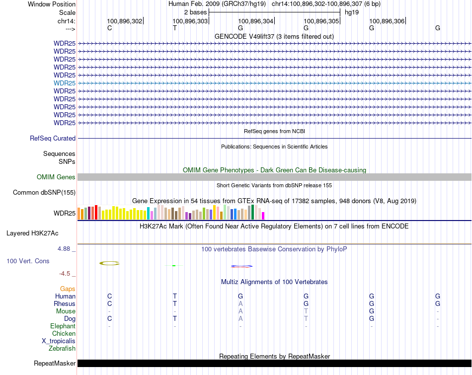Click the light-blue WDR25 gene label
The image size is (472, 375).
pos(65,83)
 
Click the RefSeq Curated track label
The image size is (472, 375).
pos(53,139)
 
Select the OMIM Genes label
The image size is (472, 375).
pos(56,177)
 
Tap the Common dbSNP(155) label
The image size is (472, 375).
pos(44,193)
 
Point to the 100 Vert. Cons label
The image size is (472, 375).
pos(28,261)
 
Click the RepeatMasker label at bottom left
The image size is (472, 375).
pos(55,364)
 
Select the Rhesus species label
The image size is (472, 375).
pos(65,304)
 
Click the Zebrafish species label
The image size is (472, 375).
pos(62,349)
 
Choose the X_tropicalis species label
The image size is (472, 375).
pos(59,341)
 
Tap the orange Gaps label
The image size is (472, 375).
pos(68,289)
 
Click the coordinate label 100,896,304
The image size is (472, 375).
pos(255,21)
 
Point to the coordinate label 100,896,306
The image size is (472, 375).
pos(387,21)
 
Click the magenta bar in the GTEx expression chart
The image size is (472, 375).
pos(263,216)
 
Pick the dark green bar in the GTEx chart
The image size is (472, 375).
pos(253,212)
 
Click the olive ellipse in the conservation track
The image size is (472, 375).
pos(109,263)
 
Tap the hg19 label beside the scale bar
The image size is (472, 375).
pos(352,12)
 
